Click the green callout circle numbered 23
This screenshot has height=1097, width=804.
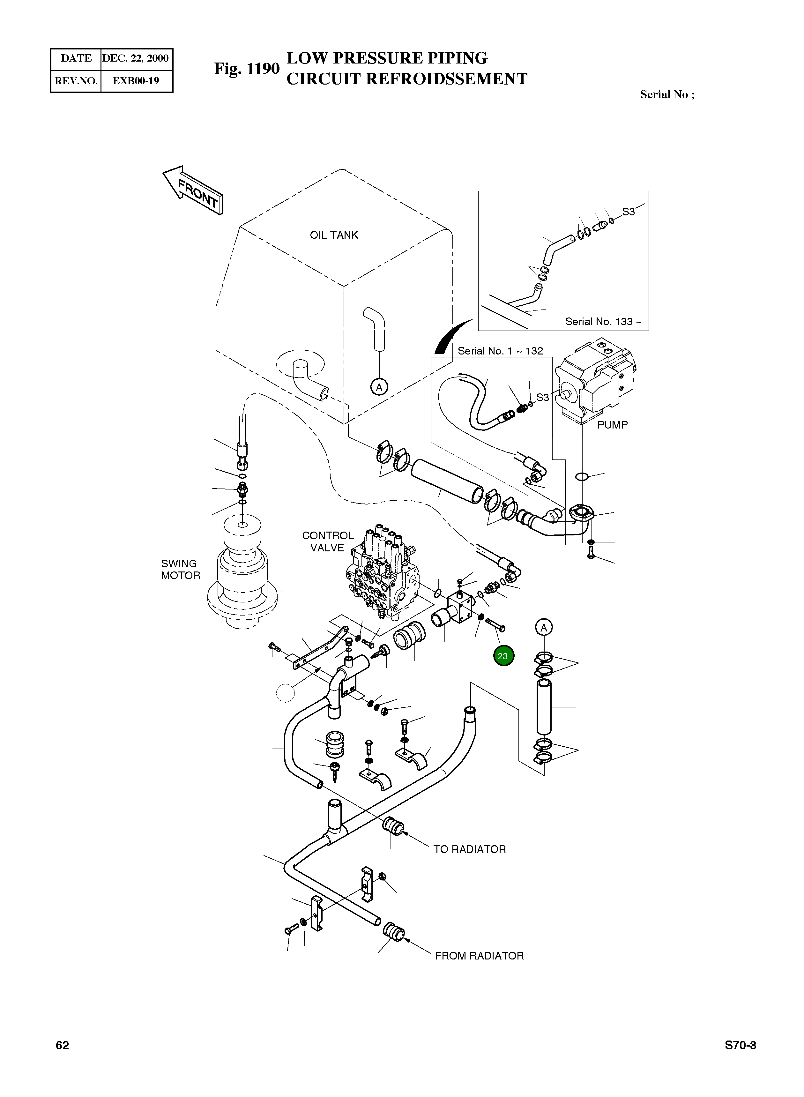[x=503, y=656]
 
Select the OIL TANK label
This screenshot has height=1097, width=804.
[x=334, y=235]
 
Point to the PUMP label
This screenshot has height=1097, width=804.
[x=612, y=425]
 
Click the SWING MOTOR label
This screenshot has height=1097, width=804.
[x=181, y=570]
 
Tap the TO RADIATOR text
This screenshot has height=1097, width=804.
[x=470, y=849]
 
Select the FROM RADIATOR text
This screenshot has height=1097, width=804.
[x=480, y=956]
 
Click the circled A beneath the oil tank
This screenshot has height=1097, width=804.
[x=379, y=387]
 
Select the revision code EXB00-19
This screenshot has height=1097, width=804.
[x=136, y=81]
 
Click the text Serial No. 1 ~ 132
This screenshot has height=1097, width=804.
[x=500, y=351]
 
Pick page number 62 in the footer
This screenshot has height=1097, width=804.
[x=62, y=1045]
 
